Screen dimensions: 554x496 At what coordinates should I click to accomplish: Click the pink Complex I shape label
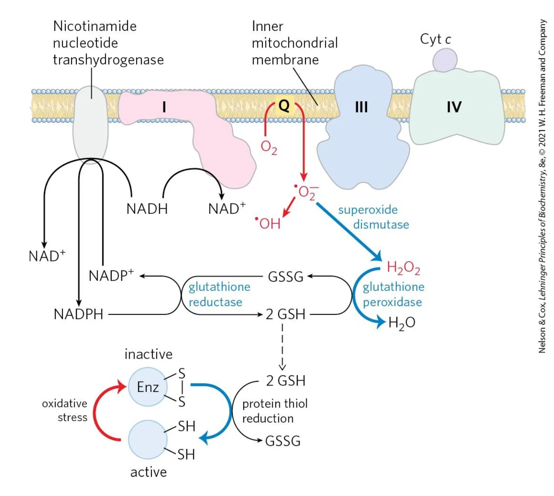[164, 107]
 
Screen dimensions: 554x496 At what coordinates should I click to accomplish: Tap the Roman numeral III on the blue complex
[361, 107]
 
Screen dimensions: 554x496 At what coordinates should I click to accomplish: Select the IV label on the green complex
[454, 107]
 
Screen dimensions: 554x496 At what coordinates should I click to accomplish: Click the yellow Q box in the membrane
[284, 105]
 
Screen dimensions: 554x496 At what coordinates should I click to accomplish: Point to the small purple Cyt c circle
[445, 60]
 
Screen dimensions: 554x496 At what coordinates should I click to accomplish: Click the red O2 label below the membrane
[269, 148]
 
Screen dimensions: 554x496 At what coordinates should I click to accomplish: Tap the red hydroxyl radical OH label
[268, 223]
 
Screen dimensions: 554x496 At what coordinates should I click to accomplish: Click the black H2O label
[402, 323]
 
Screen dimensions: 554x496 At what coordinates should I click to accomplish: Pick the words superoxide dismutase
[374, 217]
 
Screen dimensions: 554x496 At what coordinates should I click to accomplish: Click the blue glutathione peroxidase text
[394, 294]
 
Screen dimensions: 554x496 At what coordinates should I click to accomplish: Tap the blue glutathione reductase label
[219, 294]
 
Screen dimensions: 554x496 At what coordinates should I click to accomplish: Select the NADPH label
[78, 314]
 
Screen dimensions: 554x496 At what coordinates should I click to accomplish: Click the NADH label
[147, 209]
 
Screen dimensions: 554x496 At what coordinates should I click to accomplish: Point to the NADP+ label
[111, 275]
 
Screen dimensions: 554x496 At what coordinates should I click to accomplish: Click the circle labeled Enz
[148, 387]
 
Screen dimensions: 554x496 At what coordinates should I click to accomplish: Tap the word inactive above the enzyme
[149, 354]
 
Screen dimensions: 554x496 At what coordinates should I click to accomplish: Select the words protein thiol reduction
[275, 411]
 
